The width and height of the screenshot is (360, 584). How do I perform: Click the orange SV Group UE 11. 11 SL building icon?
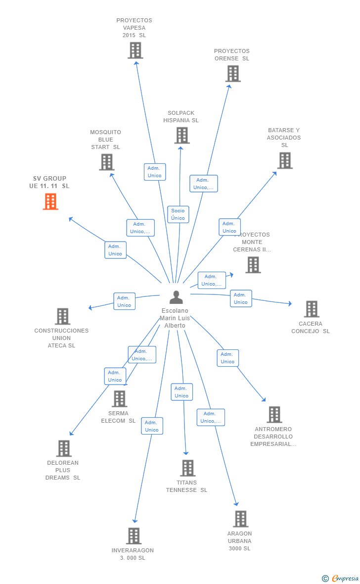[50, 201]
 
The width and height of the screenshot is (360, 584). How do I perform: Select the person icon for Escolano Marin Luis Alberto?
[176, 297]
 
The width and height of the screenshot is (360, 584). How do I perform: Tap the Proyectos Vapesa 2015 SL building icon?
[135, 50]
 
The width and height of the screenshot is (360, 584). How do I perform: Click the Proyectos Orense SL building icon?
[233, 74]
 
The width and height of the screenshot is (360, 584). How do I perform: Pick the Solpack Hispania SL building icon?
[182, 135]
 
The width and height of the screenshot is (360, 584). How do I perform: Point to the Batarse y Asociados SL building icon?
[284, 160]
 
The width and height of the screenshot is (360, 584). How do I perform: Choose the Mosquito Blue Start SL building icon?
[106, 162]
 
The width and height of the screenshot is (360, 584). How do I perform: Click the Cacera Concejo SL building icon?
[311, 309]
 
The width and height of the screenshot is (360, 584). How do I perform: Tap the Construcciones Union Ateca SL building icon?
[62, 316]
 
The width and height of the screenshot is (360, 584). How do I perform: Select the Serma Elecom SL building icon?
[119, 399]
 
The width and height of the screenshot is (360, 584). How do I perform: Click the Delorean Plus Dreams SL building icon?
[63, 448]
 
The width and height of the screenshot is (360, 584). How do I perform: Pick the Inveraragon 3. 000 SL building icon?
[134, 535]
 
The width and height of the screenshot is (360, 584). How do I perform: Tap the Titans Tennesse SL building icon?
[187, 468]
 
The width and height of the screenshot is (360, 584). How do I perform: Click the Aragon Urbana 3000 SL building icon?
[240, 519]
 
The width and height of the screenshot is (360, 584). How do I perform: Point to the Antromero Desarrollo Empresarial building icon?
[274, 415]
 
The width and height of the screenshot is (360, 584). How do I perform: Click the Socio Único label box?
[178, 214]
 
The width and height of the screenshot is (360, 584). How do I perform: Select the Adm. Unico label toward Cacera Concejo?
[241, 298]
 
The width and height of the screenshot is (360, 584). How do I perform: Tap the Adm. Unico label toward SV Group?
[115, 250]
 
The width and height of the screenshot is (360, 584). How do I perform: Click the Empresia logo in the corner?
[340, 578]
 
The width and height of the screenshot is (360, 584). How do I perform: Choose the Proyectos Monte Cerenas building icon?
[253, 265]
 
